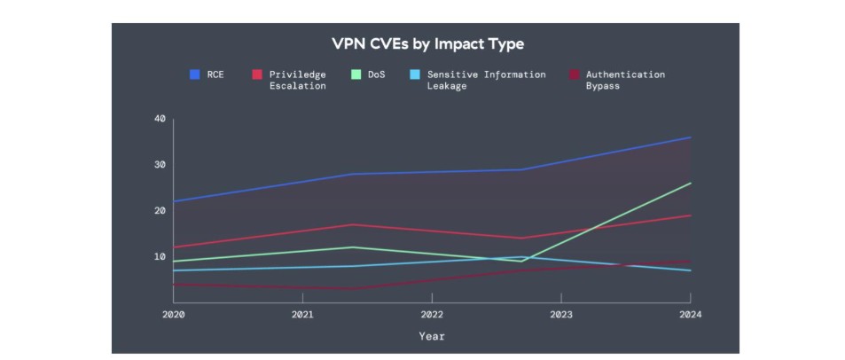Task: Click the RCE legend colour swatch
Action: point(195,74)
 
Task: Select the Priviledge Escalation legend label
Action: point(297,80)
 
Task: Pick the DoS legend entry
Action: point(377,74)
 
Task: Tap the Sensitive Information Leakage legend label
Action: point(486,80)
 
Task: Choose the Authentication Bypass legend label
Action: point(624,80)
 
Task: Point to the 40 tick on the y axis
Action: point(160,119)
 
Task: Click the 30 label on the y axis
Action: point(160,165)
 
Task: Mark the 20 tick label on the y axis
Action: point(160,211)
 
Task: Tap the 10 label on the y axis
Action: point(160,257)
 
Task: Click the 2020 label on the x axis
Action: point(174,315)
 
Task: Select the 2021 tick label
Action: point(302,315)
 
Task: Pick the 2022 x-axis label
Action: point(432,315)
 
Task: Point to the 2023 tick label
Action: point(561,315)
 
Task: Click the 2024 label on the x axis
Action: point(690,315)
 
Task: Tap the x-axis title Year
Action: point(432,337)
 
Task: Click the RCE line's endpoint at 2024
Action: point(691,137)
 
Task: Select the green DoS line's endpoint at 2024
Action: point(691,184)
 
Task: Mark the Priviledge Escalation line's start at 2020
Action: point(174,247)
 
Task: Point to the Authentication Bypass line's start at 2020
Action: point(174,285)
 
